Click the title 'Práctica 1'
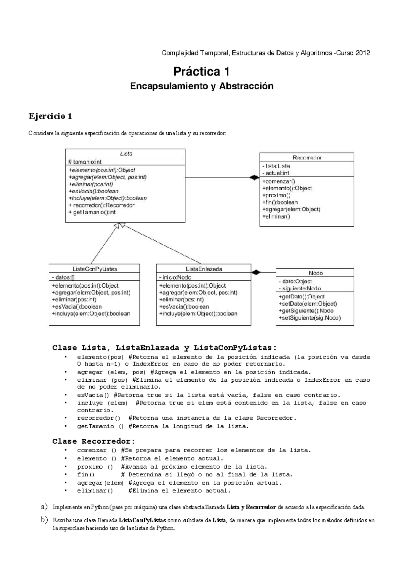click(x=201, y=72)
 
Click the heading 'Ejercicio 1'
click(x=50, y=116)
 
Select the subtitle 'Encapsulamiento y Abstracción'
click(x=201, y=86)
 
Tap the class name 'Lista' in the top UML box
click(x=126, y=154)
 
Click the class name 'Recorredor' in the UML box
click(x=307, y=157)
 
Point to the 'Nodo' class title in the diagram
click(x=316, y=273)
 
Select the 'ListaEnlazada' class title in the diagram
click(x=204, y=269)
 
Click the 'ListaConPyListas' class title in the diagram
click(x=95, y=269)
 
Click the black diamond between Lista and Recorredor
click(x=254, y=178)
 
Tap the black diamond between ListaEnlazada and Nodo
click(x=256, y=272)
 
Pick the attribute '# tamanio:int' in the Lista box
click(x=85, y=162)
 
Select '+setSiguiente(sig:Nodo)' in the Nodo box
click(x=309, y=318)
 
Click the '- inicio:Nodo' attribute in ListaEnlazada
click(x=175, y=277)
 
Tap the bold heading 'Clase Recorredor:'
click(x=94, y=441)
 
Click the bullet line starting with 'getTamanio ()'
click(x=163, y=426)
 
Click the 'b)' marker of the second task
click(x=44, y=520)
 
